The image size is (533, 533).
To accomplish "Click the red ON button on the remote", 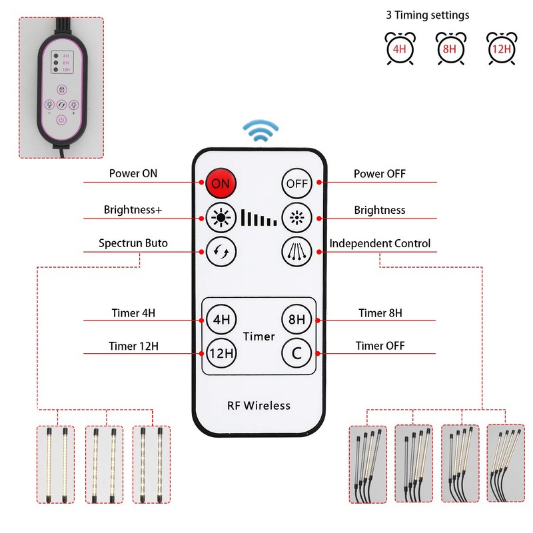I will click(221, 183).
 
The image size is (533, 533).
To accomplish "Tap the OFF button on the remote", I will click(296, 183).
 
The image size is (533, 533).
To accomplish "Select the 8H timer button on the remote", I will click(296, 319).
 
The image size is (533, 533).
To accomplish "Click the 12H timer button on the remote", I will click(221, 353).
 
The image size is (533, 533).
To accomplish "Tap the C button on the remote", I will click(296, 353).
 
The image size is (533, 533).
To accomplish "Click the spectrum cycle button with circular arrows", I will click(221, 252).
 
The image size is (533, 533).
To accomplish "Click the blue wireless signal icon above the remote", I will click(259, 131).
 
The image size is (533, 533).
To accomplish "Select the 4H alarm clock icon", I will click(399, 48).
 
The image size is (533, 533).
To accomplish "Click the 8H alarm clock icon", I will click(450, 48).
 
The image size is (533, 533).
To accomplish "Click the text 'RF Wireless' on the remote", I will click(259, 405).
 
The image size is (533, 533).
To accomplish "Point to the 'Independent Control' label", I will click(380, 243).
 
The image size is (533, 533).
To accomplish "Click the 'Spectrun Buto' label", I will click(133, 243).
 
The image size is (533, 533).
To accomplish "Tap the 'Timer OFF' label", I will click(380, 346).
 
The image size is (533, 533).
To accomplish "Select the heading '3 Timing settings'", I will click(427, 15).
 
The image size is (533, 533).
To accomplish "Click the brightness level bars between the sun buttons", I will click(259, 217).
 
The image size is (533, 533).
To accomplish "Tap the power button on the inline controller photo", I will click(61, 121).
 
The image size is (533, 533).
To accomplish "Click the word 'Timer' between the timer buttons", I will click(259, 336).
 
